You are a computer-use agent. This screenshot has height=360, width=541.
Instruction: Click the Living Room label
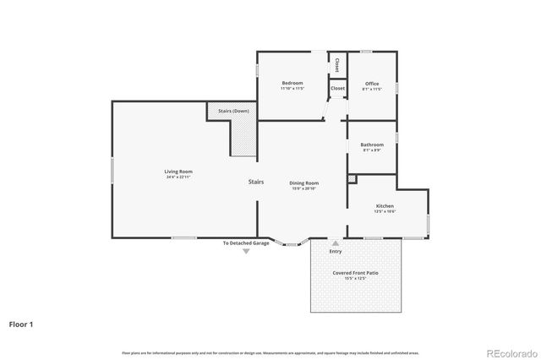[178, 172]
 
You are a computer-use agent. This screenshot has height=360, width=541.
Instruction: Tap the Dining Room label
[303, 183]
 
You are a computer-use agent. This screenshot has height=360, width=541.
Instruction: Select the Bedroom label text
[292, 83]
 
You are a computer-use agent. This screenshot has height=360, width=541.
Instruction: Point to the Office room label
[372, 83]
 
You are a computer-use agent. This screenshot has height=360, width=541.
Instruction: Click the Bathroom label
[372, 145]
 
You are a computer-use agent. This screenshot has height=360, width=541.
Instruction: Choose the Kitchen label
[385, 205]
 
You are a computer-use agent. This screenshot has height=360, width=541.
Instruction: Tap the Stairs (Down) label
[233, 111]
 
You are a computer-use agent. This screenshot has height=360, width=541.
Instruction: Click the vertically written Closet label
[336, 64]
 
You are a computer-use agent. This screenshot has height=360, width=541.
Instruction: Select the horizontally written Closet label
[337, 88]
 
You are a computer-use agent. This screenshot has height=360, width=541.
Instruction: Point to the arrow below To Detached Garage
[246, 252]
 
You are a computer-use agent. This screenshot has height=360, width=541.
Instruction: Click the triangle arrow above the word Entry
[336, 243]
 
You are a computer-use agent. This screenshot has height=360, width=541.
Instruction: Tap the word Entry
[336, 251]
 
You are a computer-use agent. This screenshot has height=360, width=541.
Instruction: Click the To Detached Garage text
[246, 243]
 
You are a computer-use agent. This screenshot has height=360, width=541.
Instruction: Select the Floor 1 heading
[21, 324]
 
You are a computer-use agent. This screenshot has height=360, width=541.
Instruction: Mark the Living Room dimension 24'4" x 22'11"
[178, 177]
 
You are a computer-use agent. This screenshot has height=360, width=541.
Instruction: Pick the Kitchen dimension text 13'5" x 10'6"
[385, 211]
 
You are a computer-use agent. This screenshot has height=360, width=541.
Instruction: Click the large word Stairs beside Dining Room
[256, 182]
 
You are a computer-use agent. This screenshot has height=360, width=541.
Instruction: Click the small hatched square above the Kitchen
[352, 180]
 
